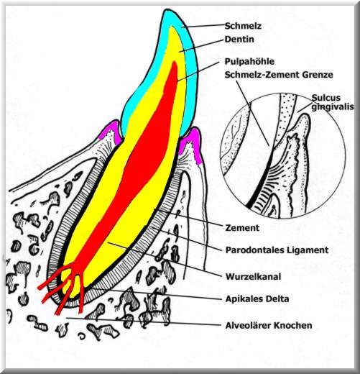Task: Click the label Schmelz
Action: [x=243, y=26]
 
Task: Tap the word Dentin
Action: [x=239, y=39]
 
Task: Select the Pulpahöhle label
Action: [x=249, y=61]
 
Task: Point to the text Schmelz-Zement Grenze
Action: [x=279, y=75]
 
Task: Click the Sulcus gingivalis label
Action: [x=333, y=102]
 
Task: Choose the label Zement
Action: [x=242, y=228]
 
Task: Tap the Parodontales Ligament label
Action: [x=277, y=250]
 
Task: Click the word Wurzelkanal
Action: [x=253, y=277]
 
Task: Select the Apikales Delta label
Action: [x=257, y=299]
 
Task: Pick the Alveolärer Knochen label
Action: [x=269, y=326]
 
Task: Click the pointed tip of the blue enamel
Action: [x=166, y=10]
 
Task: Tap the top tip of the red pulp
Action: [x=175, y=62]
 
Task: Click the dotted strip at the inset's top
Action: [x=287, y=113]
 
